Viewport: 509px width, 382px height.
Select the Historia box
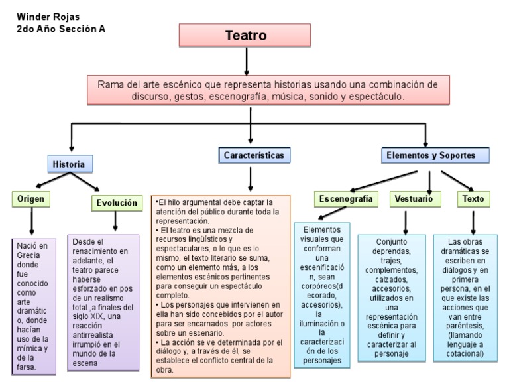[x=70, y=164]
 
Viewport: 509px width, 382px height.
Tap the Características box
[x=253, y=155]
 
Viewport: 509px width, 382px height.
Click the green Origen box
[x=31, y=198]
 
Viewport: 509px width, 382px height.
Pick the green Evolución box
[x=117, y=202]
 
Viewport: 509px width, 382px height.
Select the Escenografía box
[x=345, y=198]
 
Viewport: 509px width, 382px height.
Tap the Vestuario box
[x=414, y=198]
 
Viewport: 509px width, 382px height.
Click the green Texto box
[x=473, y=198]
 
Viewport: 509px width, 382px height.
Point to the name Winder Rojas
[x=44, y=16]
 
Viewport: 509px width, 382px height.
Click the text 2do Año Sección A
[x=60, y=29]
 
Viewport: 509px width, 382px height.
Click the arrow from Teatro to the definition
[x=246, y=61]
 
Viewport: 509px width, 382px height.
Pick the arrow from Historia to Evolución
[x=88, y=182]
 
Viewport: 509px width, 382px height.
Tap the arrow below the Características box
[x=251, y=179]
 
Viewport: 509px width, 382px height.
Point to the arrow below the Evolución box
[x=116, y=222]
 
